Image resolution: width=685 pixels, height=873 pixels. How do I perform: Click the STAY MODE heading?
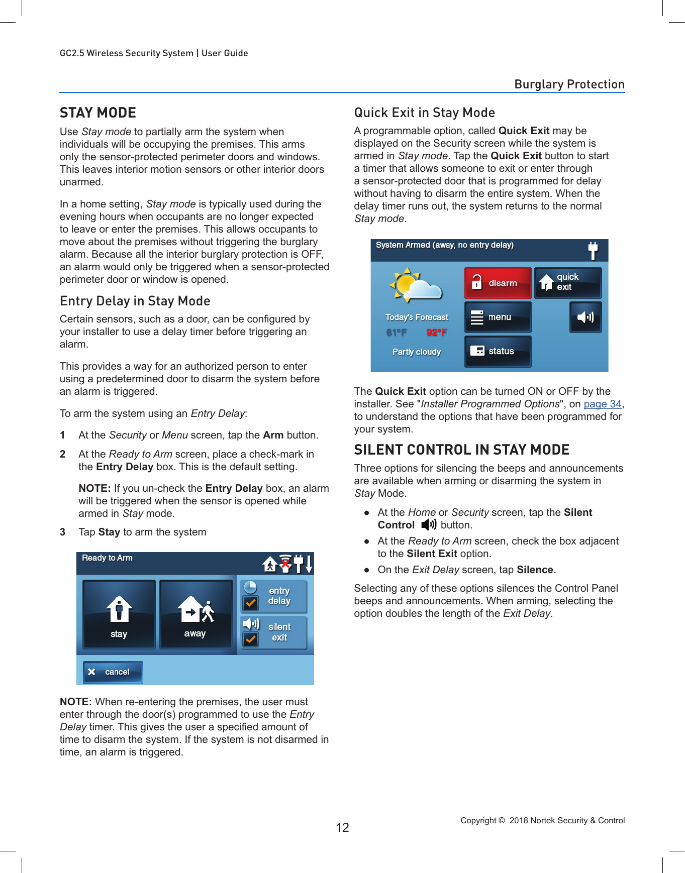pyautogui.click(x=98, y=113)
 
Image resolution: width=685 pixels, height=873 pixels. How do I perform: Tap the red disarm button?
pyautogui.click(x=498, y=283)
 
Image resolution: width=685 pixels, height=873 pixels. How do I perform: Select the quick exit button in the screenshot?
pyautogui.click(x=567, y=283)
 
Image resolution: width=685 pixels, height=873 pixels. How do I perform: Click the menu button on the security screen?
pyautogui.click(x=498, y=317)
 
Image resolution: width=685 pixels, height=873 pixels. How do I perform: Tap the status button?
pyautogui.click(x=498, y=351)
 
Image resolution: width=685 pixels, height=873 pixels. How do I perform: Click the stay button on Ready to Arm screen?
pyautogui.click(x=119, y=614)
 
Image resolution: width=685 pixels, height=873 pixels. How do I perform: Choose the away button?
pyautogui.click(x=195, y=614)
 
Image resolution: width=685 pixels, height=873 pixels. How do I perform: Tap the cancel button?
pyautogui.click(x=113, y=672)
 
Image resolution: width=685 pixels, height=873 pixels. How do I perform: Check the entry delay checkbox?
pyautogui.click(x=250, y=602)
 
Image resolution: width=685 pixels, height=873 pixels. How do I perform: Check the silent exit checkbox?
pyautogui.click(x=250, y=639)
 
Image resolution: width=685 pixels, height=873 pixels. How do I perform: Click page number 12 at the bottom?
pyautogui.click(x=342, y=827)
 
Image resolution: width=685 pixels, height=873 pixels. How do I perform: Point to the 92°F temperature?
pyautogui.click(x=436, y=333)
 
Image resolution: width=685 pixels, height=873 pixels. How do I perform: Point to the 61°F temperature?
pyautogui.click(x=397, y=333)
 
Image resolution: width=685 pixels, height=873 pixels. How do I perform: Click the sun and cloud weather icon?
pyautogui.click(x=415, y=285)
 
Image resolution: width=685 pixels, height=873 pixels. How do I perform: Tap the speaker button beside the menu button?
pyautogui.click(x=585, y=317)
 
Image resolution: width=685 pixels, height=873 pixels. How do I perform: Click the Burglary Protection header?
pyautogui.click(x=569, y=84)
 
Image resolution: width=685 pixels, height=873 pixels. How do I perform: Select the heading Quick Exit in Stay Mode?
pyautogui.click(x=424, y=113)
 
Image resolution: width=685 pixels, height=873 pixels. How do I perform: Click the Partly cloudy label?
pyautogui.click(x=416, y=352)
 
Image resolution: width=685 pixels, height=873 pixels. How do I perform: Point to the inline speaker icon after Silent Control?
pyautogui.click(x=429, y=525)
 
